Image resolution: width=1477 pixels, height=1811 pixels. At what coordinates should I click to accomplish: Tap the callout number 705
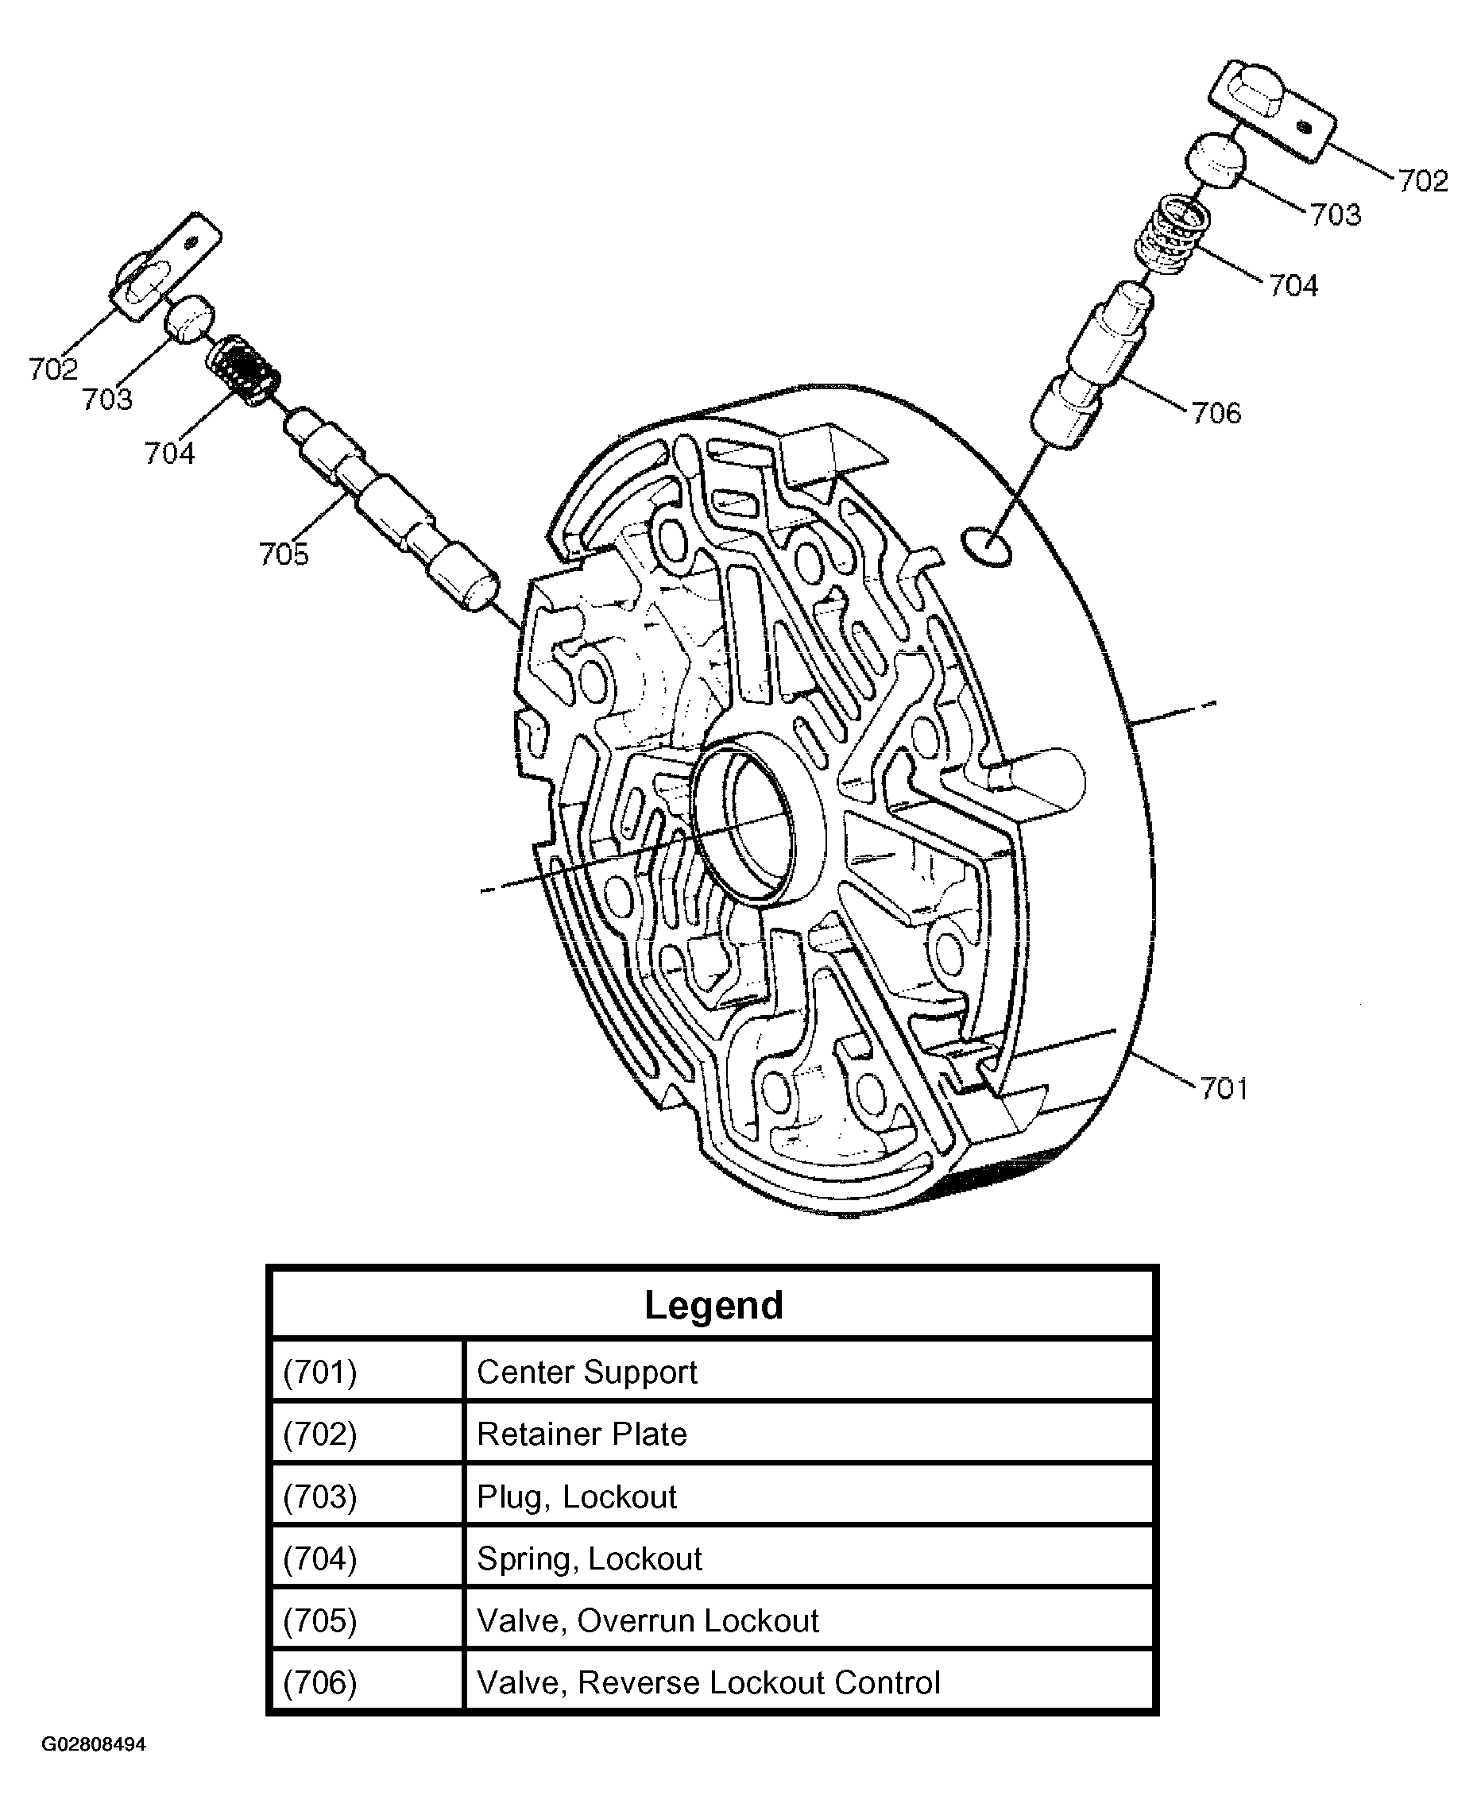[284, 554]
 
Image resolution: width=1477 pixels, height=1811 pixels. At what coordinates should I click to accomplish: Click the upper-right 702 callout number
[1422, 180]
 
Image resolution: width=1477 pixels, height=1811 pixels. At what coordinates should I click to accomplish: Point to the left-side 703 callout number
[107, 399]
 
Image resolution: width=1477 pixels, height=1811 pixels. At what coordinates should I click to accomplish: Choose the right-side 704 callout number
[1293, 285]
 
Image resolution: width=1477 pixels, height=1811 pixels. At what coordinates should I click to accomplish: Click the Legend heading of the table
[713, 1305]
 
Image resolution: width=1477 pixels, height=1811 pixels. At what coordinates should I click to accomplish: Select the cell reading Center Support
[586, 1372]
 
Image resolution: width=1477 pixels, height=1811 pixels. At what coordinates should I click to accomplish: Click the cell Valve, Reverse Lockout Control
[708, 1682]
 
